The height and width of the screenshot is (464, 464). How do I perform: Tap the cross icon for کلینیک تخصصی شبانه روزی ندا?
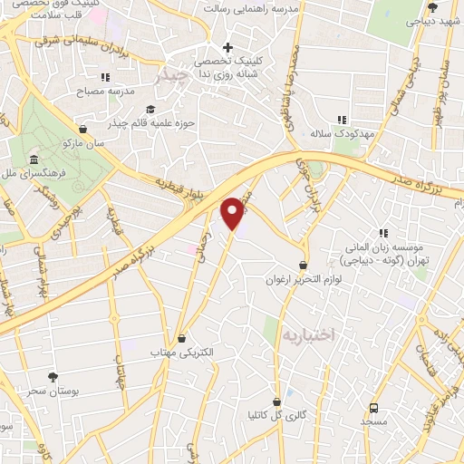[227, 47]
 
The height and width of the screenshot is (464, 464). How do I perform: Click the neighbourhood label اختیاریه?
[308, 334]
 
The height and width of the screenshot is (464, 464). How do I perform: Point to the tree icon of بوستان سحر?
[52, 376]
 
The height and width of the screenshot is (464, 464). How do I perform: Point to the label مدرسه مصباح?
[109, 91]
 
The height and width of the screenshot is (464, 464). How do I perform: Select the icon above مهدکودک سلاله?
[343, 119]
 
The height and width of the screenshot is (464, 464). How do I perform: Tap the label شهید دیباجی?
[430, 19]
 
